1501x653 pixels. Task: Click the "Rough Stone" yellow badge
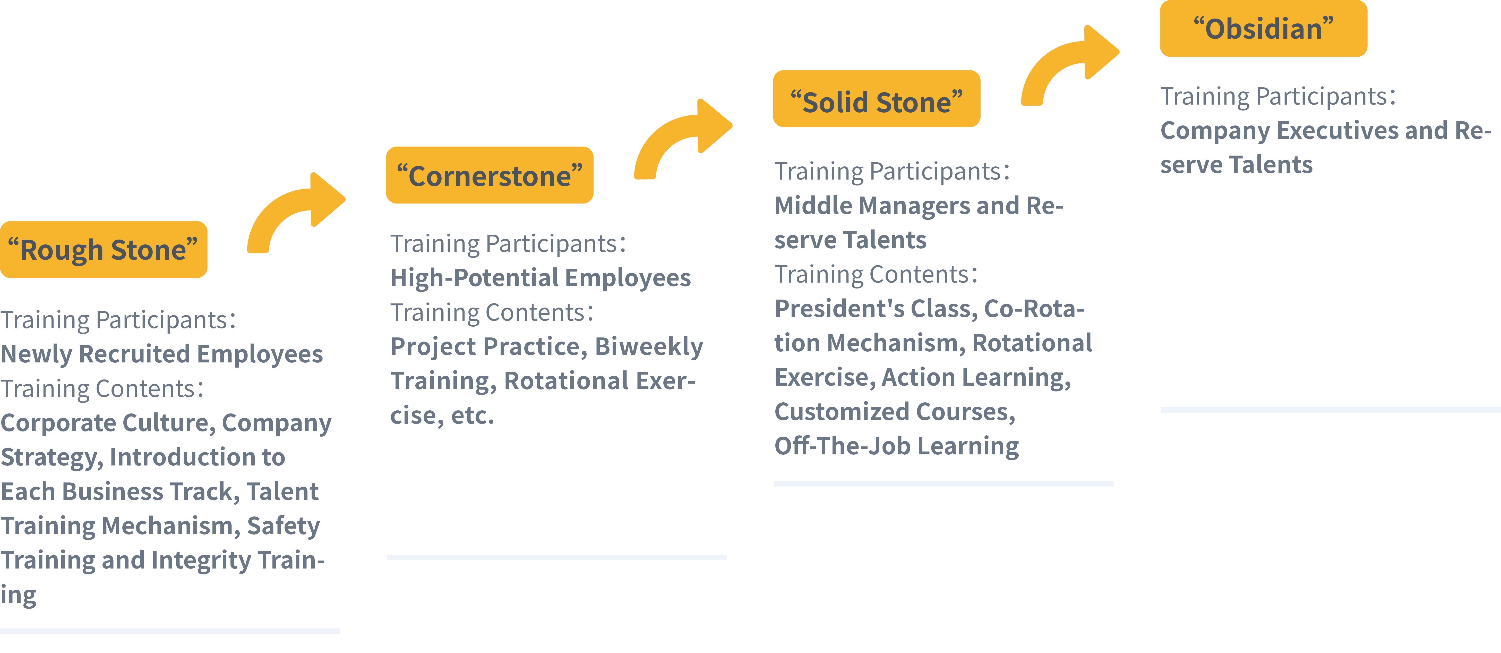click(103, 250)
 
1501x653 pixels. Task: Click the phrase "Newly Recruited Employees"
click(161, 354)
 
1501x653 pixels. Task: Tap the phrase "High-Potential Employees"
click(540, 277)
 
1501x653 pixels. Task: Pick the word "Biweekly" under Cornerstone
click(649, 346)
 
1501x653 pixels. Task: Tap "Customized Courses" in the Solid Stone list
click(894, 412)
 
